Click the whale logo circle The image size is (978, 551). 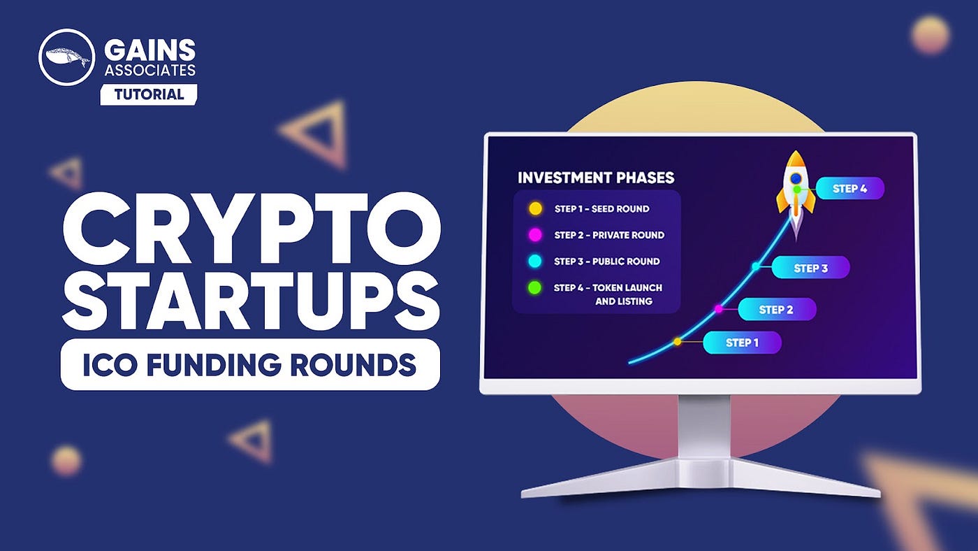coord(66,57)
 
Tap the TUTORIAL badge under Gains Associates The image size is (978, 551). coord(148,94)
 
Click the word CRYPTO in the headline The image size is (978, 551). coord(251,224)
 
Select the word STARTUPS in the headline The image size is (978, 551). coord(251,300)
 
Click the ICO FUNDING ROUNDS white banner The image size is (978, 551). coord(250,364)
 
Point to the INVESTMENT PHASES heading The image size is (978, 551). coord(596,178)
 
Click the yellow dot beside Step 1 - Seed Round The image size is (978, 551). coord(535,208)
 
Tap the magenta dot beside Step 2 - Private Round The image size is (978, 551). coord(535,235)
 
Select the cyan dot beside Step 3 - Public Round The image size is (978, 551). coord(535,261)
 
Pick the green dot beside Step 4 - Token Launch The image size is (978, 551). coord(535,287)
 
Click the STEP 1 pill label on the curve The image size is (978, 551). coord(742,343)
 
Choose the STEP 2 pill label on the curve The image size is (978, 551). coord(776,310)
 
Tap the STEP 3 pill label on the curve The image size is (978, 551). coord(810,268)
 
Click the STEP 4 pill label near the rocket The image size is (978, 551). coord(849,189)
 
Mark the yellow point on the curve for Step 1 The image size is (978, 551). coord(678,342)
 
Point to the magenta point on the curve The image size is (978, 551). coord(718,309)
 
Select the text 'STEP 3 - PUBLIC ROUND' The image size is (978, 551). coord(606,262)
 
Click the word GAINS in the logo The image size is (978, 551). coord(149,50)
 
